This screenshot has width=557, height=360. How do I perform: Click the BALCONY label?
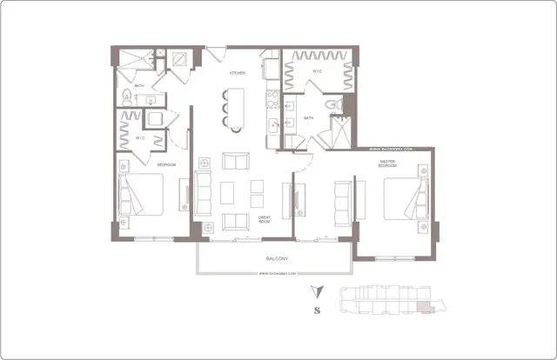coord(278,259)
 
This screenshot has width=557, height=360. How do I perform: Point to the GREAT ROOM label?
coord(264,220)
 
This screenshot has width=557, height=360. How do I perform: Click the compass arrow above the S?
coord(319,291)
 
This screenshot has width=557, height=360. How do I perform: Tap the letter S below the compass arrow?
coord(319,310)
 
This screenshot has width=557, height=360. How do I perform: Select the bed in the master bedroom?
coord(406,198)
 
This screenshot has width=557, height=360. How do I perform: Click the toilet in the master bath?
coord(332,105)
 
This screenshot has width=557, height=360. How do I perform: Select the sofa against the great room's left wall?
coord(203,193)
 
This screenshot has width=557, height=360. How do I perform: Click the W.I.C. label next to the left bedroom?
coord(139,137)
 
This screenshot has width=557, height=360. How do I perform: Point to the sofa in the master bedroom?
coord(343,201)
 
